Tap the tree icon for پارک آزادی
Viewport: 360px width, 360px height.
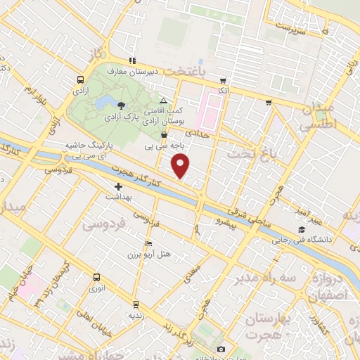(122, 105)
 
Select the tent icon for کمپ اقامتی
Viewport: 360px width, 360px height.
(164, 102)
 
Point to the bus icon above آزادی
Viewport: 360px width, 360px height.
(79, 80)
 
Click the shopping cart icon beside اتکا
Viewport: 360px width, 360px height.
(224, 81)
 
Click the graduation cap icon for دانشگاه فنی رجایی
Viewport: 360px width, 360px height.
(302, 229)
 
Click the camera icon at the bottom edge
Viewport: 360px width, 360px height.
(221, 349)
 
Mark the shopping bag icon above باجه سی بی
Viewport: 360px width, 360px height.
(164, 135)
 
